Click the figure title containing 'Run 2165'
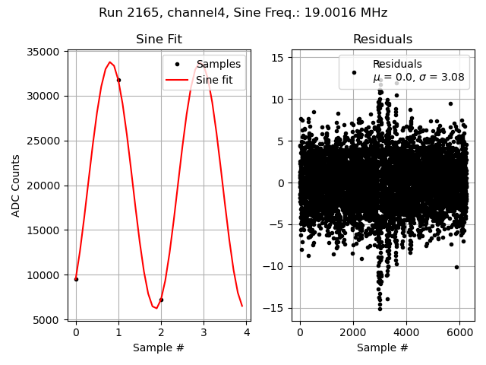243,13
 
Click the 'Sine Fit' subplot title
159,40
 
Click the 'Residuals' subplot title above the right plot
383,40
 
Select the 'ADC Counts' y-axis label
16,186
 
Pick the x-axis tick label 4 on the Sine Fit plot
246,332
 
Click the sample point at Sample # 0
76,279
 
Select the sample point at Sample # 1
118,80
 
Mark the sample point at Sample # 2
161,300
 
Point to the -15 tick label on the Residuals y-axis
275,308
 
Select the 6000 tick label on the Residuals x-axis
460,332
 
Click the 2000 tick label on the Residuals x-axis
353,332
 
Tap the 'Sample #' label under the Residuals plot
383,348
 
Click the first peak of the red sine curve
110,62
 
